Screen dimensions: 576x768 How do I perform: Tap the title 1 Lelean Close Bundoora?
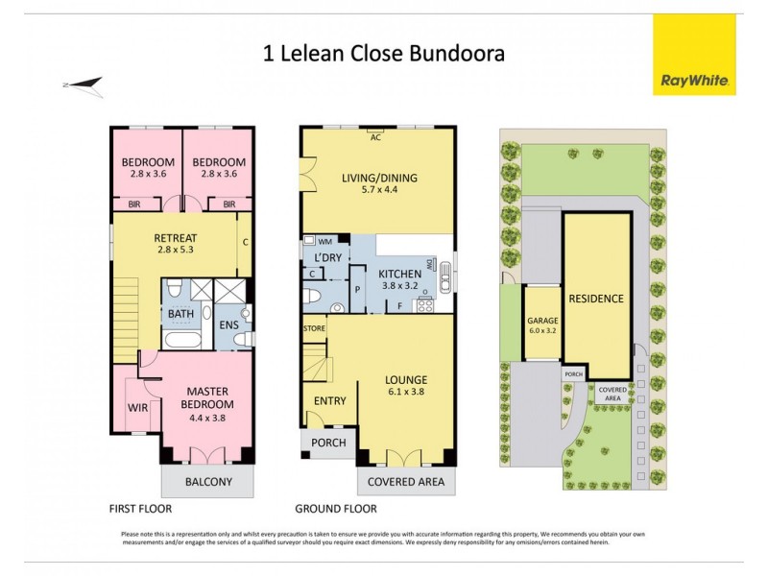[x=384, y=54]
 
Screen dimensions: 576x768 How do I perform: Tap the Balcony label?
[x=208, y=483]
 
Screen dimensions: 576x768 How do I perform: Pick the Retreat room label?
[x=175, y=244]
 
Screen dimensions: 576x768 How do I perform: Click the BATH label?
[x=180, y=314]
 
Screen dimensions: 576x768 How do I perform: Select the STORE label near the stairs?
[x=314, y=328]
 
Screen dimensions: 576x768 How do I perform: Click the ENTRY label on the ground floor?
[x=329, y=401]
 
